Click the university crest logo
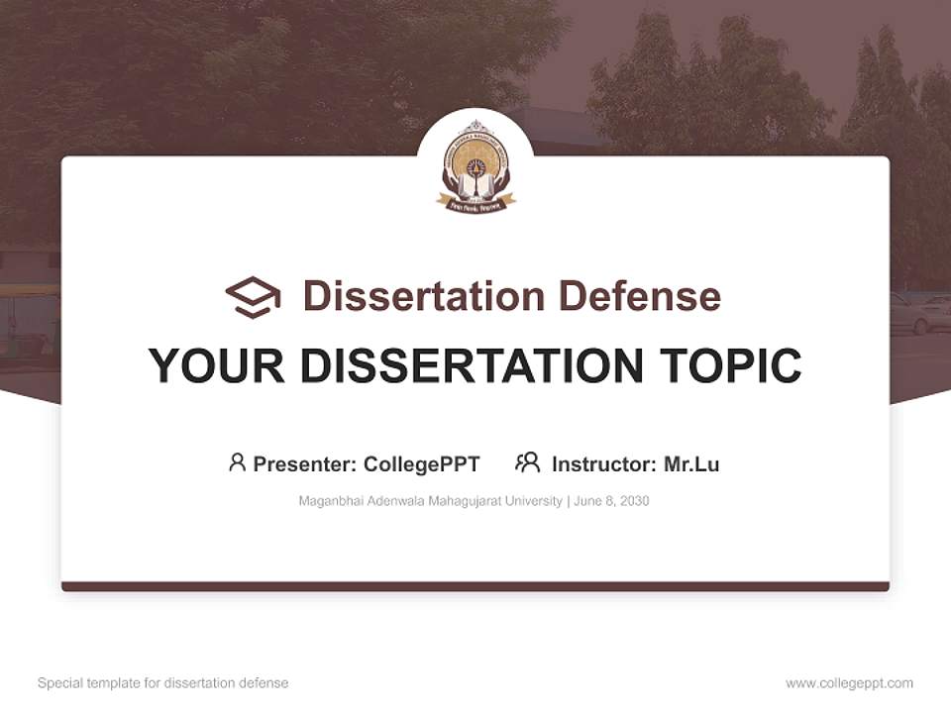tap(475, 165)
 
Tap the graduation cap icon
tap(253, 297)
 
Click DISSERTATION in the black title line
tap(472, 366)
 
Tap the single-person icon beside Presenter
tap(237, 462)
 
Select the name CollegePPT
tap(422, 464)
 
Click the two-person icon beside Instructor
tap(527, 462)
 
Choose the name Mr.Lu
tap(691, 464)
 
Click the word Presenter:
tap(305, 464)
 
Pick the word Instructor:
tap(603, 464)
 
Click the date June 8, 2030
tap(611, 501)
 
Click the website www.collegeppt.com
tap(849, 683)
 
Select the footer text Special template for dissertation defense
tap(163, 683)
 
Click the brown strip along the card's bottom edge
tap(475, 586)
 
